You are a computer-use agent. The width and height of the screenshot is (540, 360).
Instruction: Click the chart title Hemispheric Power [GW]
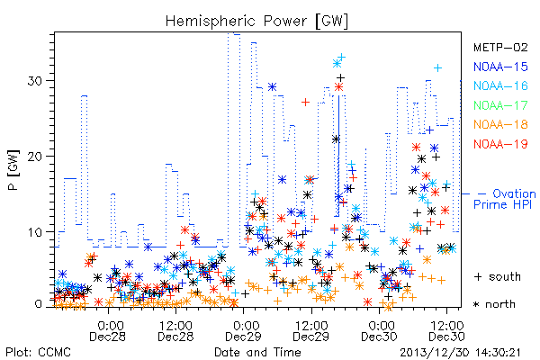tap(256, 22)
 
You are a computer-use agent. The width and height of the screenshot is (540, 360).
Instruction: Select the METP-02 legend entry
tap(500, 47)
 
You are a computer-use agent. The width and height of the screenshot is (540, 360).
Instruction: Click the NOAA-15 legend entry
tap(500, 67)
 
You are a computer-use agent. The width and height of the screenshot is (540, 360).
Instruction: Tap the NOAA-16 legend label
tap(500, 85)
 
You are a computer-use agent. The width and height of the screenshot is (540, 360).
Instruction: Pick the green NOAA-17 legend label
tap(500, 105)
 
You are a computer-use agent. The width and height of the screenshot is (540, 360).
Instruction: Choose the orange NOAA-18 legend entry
tap(500, 124)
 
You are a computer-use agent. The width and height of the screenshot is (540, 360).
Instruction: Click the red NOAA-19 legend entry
tap(500, 144)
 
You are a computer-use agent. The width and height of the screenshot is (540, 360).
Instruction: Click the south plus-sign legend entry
tap(498, 276)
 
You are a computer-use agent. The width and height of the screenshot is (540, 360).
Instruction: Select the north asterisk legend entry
tap(494, 304)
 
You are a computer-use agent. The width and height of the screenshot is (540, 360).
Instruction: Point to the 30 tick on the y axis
tap(35, 81)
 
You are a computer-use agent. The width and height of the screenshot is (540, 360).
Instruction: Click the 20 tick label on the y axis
tap(35, 156)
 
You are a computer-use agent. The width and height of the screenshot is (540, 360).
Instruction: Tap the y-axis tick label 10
tap(35, 232)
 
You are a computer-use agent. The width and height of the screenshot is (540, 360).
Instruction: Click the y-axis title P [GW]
tap(14, 170)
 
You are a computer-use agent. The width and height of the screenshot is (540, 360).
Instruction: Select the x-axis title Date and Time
tap(257, 352)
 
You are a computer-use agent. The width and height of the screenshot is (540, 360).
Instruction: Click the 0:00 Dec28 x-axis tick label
tap(108, 330)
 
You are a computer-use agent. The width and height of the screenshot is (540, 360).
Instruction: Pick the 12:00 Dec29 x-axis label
tap(311, 330)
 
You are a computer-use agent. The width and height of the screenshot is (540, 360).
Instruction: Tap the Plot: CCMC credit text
tap(38, 352)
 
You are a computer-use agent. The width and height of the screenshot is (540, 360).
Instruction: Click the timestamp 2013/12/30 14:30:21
tap(461, 353)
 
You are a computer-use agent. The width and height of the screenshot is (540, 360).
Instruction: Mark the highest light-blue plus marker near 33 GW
tap(341, 57)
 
